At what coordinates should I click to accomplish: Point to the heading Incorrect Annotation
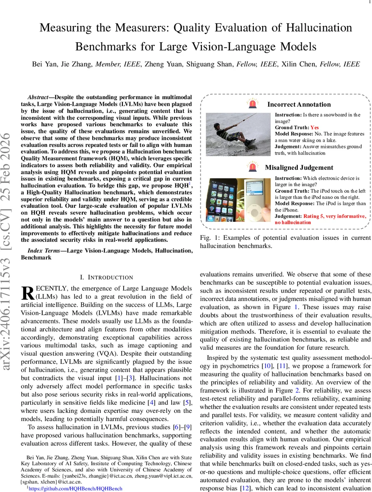(299, 105)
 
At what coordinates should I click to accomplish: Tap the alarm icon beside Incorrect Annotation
(253, 104)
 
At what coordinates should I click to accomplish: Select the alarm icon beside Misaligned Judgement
(253, 167)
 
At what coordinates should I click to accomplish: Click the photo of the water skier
(238, 134)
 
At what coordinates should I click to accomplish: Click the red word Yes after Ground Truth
(314, 128)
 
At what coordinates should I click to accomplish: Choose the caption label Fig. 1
(209, 238)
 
